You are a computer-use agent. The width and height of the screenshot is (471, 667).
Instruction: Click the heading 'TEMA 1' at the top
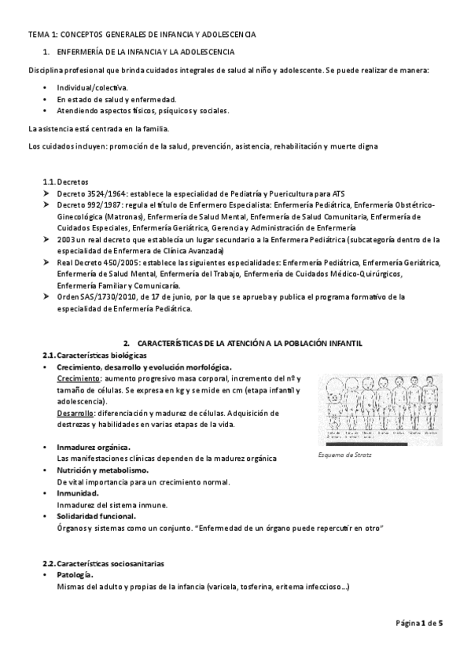coord(42,35)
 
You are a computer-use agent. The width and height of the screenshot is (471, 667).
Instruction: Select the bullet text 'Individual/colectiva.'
coord(92,87)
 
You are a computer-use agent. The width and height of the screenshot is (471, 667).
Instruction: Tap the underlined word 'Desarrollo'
coord(75,413)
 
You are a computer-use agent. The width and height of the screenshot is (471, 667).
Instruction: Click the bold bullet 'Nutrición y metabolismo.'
coord(103,470)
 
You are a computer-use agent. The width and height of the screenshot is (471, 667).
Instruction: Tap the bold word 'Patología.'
coord(76,575)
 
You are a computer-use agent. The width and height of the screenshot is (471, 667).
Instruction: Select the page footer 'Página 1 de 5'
coord(419,624)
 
